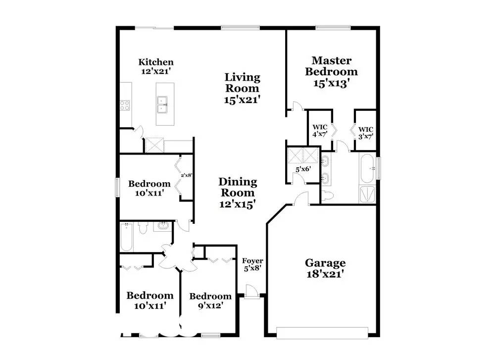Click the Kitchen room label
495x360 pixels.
(x=156, y=66)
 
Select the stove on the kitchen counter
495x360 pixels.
(x=124, y=104)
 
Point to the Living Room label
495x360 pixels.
(x=243, y=88)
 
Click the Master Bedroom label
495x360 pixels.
(x=331, y=72)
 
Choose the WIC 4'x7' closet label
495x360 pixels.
(x=320, y=131)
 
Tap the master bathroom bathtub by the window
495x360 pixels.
(x=367, y=169)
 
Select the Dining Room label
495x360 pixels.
(x=238, y=193)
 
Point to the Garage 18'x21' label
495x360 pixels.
(x=325, y=268)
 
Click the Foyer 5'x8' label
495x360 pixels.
(x=252, y=264)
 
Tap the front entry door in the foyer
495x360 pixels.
(x=252, y=291)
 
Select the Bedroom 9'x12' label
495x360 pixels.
(x=210, y=301)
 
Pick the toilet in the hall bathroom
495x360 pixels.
(x=143, y=228)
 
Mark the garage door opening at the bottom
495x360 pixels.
(x=323, y=332)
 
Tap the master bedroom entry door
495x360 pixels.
(x=295, y=106)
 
